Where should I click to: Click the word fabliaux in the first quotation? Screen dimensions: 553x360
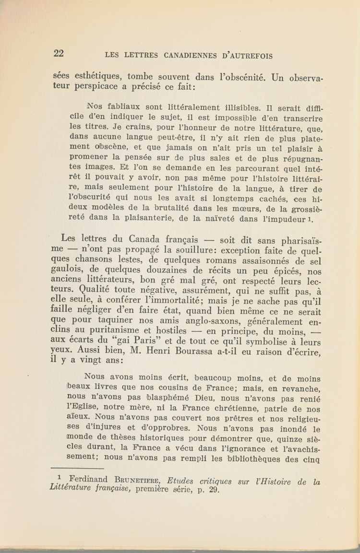pos(120,108)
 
